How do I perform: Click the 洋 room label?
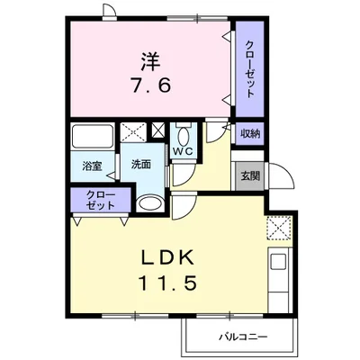tap(150, 61)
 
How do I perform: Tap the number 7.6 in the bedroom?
tap(150, 85)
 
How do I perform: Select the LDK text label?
tap(167, 258)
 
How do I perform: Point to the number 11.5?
tap(167, 283)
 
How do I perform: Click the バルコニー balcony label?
tap(242, 337)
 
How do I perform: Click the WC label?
tap(184, 151)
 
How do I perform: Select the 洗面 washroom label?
tap(141, 164)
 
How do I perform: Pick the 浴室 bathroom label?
tap(93, 166)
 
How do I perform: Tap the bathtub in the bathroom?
tap(93, 135)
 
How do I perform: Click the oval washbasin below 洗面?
tap(150, 203)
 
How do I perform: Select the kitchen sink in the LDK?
tap(278, 261)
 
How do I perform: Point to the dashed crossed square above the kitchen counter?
tap(279, 228)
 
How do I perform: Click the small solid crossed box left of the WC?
tap(158, 130)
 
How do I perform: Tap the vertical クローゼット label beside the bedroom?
tap(250, 69)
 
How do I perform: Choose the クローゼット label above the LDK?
tap(101, 200)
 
